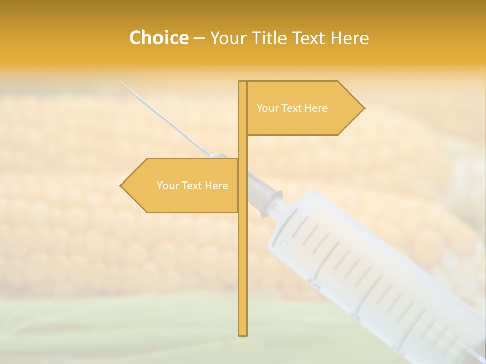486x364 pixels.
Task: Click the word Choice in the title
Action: (158, 38)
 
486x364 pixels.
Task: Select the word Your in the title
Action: (227, 38)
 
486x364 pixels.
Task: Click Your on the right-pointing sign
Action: (267, 108)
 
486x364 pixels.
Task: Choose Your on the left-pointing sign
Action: (168, 186)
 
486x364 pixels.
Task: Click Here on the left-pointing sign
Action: (217, 186)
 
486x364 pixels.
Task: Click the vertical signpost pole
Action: (243, 253)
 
